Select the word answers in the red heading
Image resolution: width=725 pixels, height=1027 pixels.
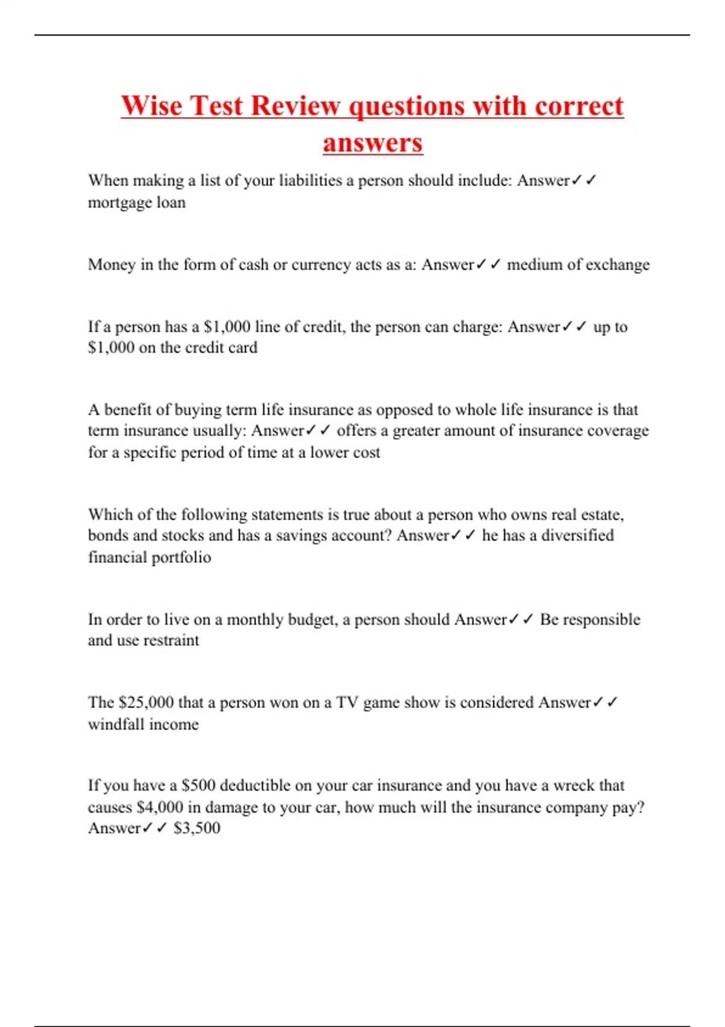(372, 143)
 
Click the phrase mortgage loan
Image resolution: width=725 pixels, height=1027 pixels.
(137, 202)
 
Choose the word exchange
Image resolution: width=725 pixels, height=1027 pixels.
(617, 265)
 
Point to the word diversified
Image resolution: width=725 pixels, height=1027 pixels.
(577, 536)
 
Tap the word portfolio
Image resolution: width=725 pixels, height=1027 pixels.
(181, 558)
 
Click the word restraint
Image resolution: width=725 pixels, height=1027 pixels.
(171, 640)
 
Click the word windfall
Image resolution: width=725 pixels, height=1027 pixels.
(118, 724)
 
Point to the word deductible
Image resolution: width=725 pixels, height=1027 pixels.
(255, 785)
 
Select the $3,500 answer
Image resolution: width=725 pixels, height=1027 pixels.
(197, 828)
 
